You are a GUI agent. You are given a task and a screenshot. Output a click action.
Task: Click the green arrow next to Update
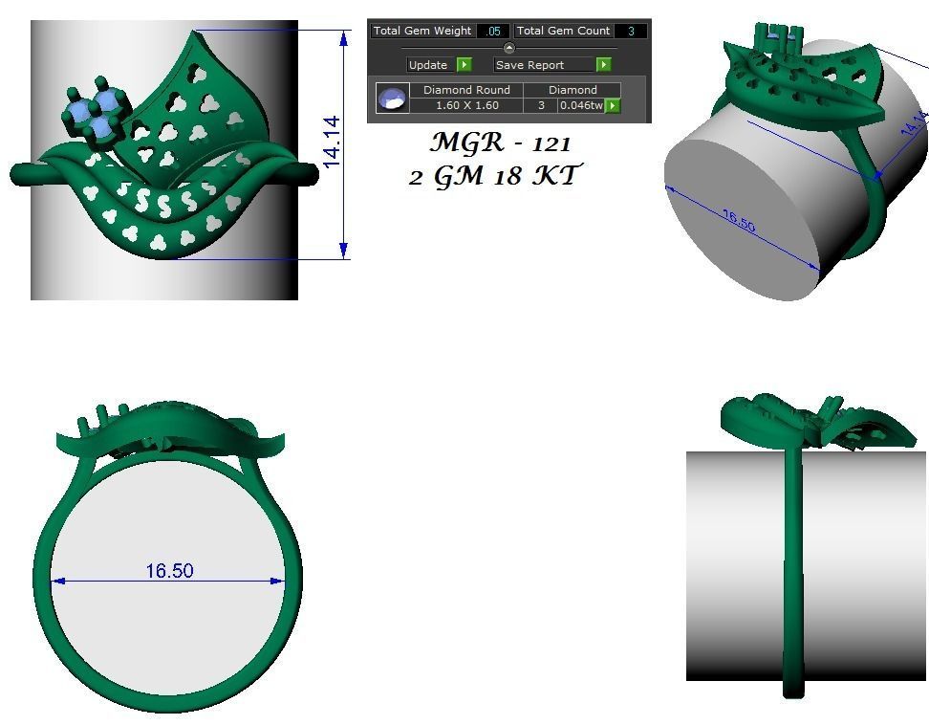pos(464,65)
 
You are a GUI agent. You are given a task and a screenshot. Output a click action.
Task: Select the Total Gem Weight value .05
pos(492,32)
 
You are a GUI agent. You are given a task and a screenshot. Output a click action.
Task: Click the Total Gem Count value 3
pos(631,32)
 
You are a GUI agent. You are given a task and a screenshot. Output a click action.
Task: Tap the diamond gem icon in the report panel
pos(392,99)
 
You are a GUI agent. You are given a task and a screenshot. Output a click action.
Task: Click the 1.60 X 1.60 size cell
pos(466,105)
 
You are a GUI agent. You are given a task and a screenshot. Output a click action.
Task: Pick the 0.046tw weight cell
pos(581,105)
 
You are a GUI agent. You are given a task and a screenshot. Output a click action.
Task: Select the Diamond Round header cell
pos(466,90)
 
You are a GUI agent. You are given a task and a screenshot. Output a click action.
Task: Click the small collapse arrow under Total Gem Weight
pos(509,48)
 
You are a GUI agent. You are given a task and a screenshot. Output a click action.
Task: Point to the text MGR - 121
pos(500,143)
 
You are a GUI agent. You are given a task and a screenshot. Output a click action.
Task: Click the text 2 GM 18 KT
pos(494,176)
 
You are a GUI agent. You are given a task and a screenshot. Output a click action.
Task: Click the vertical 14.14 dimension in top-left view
pos(332,143)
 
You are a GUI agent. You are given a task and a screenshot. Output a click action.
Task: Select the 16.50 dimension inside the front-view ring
pos(169,571)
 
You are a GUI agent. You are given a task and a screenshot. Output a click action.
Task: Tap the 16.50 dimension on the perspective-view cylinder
pos(739,221)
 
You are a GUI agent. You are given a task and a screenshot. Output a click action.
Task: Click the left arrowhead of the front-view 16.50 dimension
pos(57,581)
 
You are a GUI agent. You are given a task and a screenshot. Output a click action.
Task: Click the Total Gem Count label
pos(563,32)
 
